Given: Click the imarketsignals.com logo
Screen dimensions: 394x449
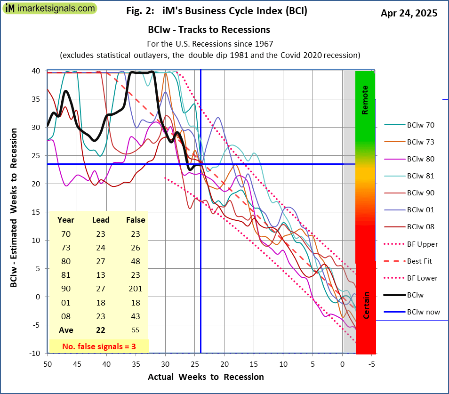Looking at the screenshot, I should (49, 8).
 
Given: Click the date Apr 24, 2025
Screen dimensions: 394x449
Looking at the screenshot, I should (409, 13).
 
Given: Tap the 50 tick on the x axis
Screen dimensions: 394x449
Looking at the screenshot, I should (47, 364).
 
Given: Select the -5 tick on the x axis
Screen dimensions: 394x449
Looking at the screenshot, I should (371, 364).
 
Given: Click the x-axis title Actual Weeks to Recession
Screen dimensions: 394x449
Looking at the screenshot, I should (206, 377).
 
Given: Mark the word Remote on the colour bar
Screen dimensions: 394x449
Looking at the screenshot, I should (365, 100).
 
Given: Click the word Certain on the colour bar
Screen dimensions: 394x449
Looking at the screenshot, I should (366, 305).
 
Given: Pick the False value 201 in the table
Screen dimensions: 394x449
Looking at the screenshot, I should (136, 289).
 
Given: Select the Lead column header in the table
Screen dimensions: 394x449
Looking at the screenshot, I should (101, 220).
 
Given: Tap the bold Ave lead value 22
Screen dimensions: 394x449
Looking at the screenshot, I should (101, 330).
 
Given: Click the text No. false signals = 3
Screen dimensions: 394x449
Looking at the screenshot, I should (99, 346).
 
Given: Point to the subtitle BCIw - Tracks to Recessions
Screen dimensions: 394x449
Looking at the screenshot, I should (208, 30).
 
